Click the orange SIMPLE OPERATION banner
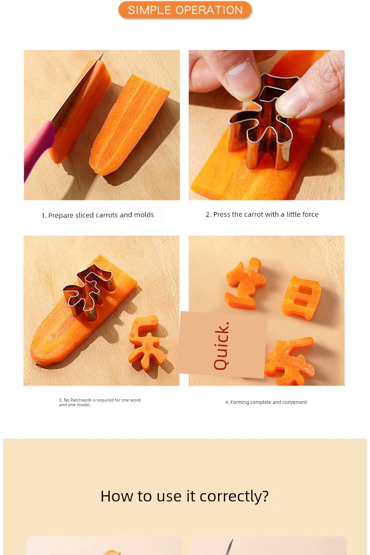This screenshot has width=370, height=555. coord(185,10)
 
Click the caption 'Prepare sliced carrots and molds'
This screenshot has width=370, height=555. coord(101,215)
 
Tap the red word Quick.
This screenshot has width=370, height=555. coord(222,346)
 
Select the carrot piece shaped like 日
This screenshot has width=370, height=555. coord(302,298)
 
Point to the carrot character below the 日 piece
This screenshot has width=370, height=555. coord(290,361)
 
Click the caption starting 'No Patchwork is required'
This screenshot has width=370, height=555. coord(100,403)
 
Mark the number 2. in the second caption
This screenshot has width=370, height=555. coord(208,214)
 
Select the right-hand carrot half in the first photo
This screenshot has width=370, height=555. coord(129,125)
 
